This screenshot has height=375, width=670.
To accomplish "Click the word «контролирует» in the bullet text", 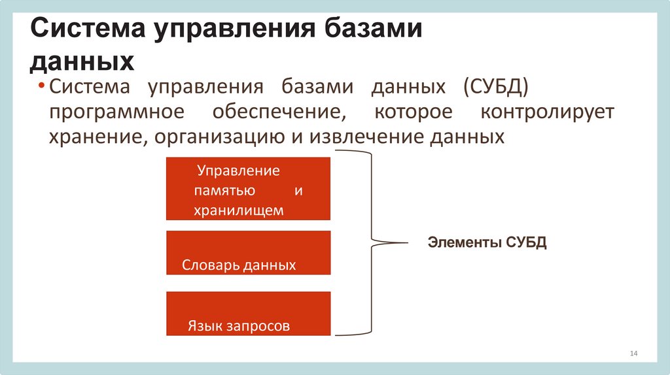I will click(x=547, y=112).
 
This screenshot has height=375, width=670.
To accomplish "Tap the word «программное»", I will click(x=115, y=112).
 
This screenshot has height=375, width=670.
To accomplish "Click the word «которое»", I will click(x=413, y=112).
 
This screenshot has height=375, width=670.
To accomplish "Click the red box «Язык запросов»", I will click(x=248, y=314).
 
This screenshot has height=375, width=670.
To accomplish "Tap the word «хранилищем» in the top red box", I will click(x=239, y=210).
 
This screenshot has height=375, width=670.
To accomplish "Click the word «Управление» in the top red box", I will click(x=239, y=171).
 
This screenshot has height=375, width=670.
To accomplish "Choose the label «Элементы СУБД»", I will click(x=487, y=243).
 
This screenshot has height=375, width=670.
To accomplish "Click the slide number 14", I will click(x=633, y=353).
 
